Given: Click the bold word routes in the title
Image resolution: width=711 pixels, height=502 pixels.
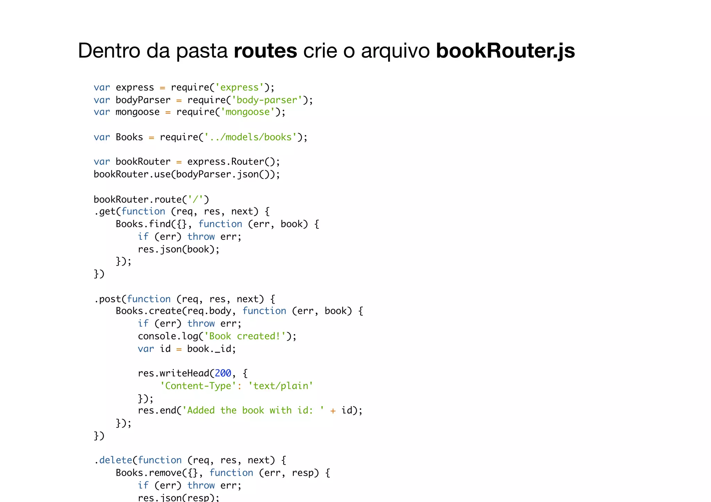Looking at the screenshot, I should [265, 51].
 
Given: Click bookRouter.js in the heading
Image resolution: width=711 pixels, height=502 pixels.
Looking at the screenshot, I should [505, 51].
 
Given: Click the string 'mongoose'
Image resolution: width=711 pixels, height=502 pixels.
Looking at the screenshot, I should [247, 112].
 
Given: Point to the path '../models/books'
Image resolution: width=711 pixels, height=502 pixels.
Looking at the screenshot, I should [250, 137].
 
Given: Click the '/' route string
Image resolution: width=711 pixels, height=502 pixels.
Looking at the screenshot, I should [195, 199].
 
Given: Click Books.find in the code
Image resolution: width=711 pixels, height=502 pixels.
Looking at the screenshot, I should [143, 224].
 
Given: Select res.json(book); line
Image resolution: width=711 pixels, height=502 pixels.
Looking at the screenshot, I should [178, 249].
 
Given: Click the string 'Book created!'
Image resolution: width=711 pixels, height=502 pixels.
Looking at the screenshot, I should [245, 336].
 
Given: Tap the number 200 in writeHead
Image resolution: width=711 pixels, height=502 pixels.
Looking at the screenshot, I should [223, 373].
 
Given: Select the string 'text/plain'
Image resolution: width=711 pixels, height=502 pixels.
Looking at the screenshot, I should [281, 386].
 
